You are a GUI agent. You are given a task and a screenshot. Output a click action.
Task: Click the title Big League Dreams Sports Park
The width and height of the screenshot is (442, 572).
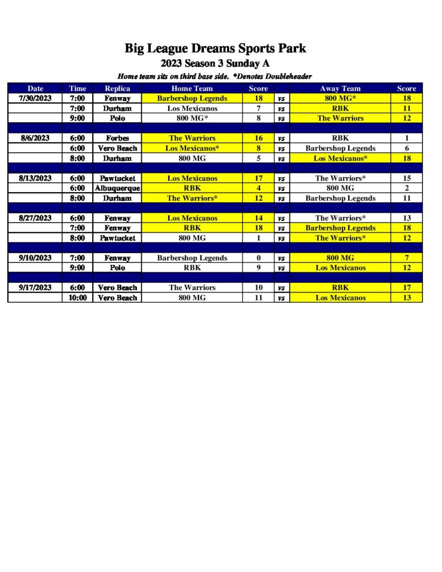point(215,48)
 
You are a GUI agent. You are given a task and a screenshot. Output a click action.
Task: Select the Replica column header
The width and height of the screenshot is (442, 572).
point(117,88)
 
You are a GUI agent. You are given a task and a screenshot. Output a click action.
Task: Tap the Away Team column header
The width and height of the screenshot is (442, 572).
point(340,88)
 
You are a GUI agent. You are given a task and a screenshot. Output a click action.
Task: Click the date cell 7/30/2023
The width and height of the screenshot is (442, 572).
point(35,98)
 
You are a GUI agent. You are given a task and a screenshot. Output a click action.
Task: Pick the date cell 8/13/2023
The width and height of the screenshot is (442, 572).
point(35,178)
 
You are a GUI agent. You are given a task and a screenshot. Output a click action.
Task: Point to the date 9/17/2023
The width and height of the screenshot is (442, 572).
point(35,288)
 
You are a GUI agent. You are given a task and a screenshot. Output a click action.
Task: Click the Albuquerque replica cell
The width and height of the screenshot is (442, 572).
point(117,188)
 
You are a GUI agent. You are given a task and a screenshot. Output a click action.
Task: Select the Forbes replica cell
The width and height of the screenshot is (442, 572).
point(117,138)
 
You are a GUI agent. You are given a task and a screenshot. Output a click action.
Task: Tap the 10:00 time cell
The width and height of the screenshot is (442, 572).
point(78,298)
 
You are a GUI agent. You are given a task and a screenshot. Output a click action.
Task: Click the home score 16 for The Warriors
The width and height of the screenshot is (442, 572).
point(258,138)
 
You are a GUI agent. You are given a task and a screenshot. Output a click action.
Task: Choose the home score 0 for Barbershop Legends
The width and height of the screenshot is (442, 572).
point(258,258)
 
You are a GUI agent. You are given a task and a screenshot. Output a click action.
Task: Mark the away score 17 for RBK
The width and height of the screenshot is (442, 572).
point(406,288)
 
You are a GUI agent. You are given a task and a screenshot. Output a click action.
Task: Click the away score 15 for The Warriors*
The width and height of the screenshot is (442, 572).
point(406,178)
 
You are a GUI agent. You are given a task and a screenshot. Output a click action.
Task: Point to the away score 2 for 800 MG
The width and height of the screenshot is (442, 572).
point(406,188)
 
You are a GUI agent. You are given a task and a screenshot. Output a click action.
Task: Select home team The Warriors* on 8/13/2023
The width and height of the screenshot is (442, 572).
point(192,198)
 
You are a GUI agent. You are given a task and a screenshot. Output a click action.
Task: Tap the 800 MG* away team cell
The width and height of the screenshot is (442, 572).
point(340,98)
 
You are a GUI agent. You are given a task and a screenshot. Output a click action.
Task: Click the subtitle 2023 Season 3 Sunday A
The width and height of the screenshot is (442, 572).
point(215,63)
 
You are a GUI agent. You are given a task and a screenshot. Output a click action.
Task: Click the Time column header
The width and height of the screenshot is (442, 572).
point(78,88)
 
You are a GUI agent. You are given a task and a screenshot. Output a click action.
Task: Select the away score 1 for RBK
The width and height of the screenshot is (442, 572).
point(406,138)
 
